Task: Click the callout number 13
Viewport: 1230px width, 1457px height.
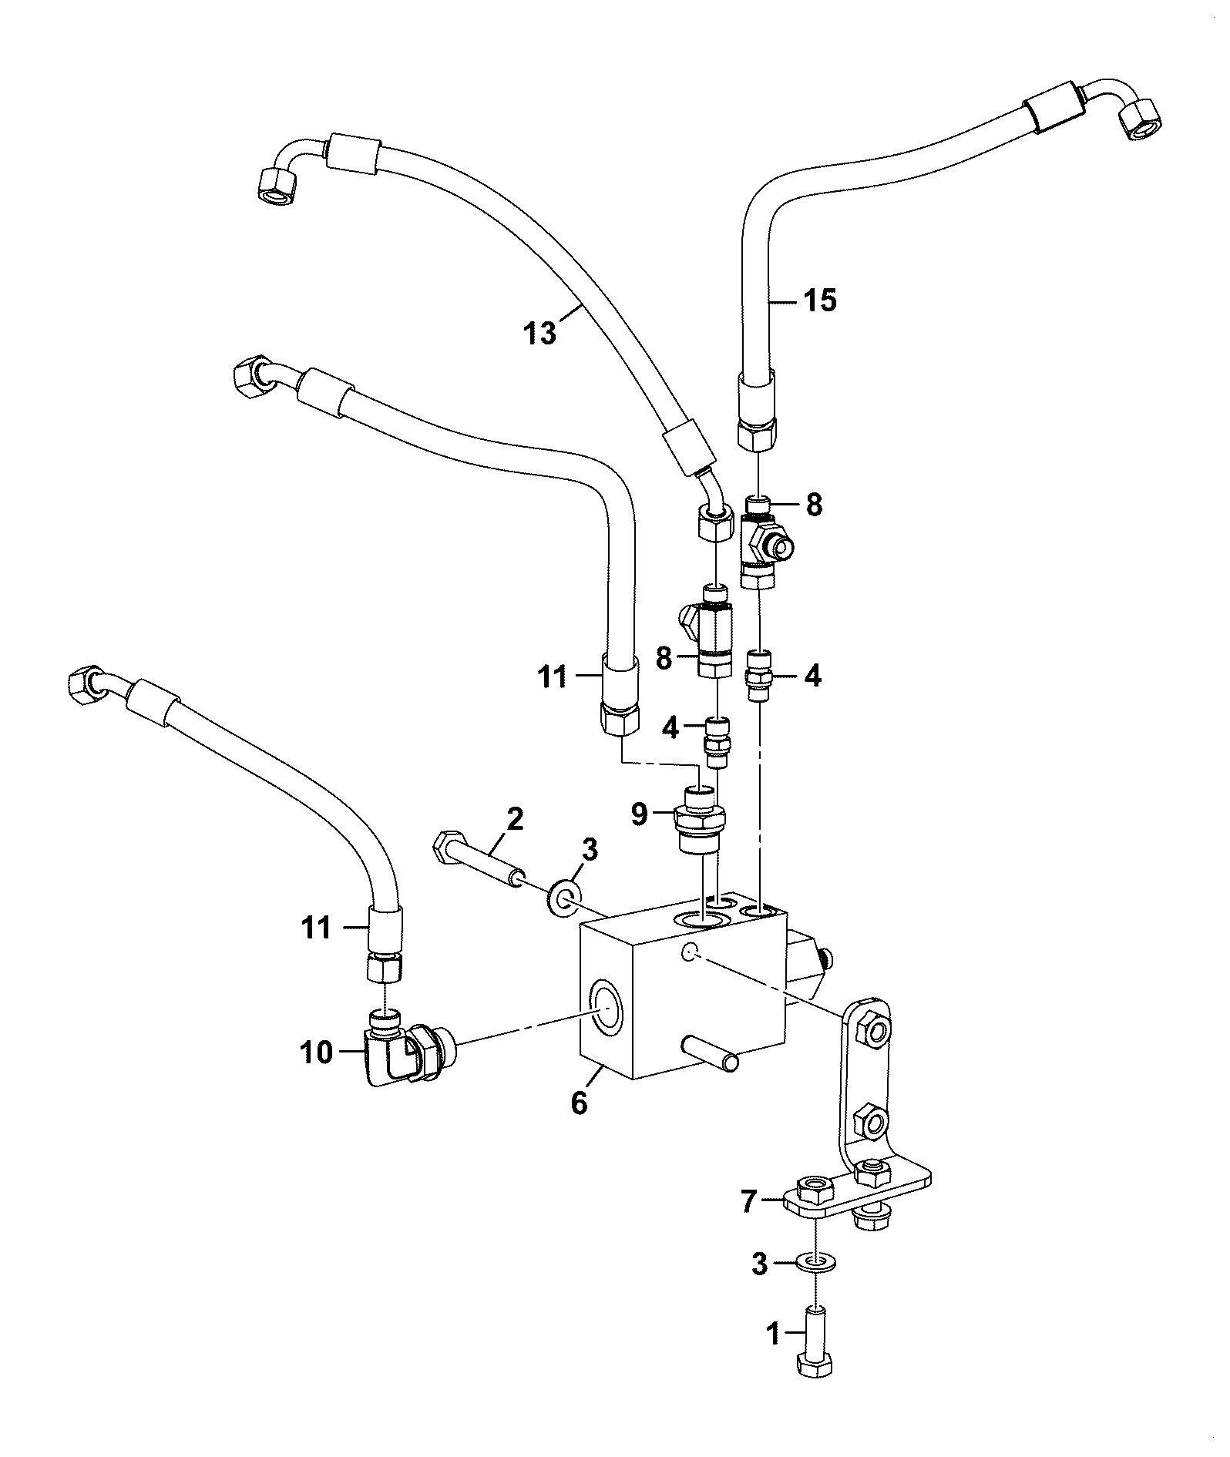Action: (540, 334)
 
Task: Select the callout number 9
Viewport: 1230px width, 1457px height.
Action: (639, 814)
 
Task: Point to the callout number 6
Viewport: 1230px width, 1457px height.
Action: (579, 1103)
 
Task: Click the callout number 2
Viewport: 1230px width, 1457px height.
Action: (515, 817)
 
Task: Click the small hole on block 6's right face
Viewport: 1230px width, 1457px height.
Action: (691, 953)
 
